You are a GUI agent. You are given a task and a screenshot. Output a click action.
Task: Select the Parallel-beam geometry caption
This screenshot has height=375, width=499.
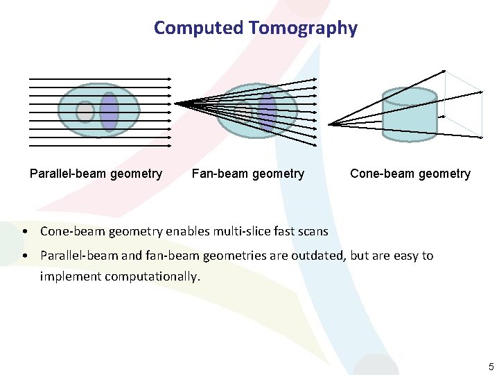(x=96, y=174)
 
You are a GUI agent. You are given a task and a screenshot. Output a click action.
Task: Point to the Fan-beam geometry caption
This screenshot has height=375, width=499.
(x=247, y=174)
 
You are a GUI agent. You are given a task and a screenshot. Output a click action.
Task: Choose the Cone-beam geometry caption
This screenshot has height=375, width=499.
(x=410, y=174)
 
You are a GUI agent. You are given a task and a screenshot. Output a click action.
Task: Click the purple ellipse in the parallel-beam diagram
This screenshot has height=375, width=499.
(x=109, y=111)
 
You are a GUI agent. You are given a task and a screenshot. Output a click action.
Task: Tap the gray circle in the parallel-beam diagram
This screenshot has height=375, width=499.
(x=85, y=112)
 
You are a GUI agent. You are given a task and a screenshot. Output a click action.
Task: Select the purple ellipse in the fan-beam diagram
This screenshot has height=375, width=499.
(x=267, y=111)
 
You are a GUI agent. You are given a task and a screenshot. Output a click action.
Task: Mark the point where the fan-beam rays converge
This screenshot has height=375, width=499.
(x=176, y=103)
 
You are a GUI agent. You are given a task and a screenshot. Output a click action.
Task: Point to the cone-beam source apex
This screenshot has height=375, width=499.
(x=330, y=124)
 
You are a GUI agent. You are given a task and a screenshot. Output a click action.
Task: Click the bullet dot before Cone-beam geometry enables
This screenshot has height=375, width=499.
(x=24, y=231)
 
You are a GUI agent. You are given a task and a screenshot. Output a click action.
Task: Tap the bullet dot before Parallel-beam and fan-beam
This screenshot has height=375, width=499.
(x=24, y=256)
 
